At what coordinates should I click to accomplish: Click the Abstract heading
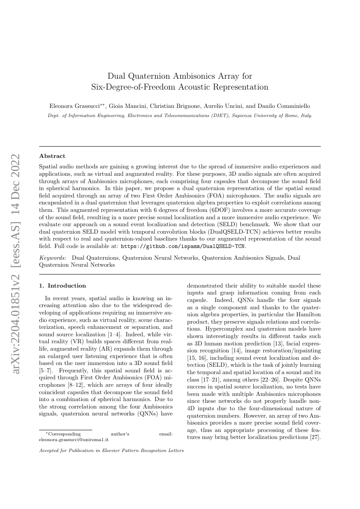(x=52, y=156)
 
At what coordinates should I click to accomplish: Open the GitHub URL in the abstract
(x=183, y=246)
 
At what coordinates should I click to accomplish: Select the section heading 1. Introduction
(x=63, y=286)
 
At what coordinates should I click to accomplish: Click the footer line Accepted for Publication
(x=111, y=451)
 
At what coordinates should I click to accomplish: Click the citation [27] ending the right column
(x=316, y=437)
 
